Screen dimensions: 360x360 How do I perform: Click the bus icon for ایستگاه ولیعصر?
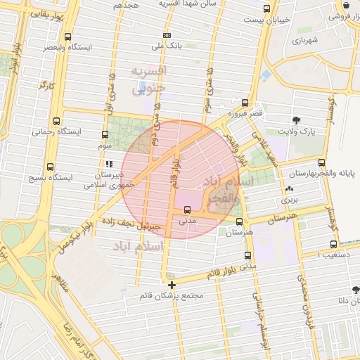[67, 37]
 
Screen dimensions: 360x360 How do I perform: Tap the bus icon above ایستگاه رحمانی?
[57, 121]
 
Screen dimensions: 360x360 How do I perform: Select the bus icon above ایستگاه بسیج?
[49, 167]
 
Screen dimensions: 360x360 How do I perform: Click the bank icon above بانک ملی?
[167, 35]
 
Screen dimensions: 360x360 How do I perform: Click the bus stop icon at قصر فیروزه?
[245, 102]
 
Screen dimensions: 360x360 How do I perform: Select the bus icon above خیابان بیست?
[265, 9]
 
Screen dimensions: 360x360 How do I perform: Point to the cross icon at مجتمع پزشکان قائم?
[172, 285]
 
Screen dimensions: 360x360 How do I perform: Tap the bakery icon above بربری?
[290, 189]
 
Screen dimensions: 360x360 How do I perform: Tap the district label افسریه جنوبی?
[148, 80]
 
